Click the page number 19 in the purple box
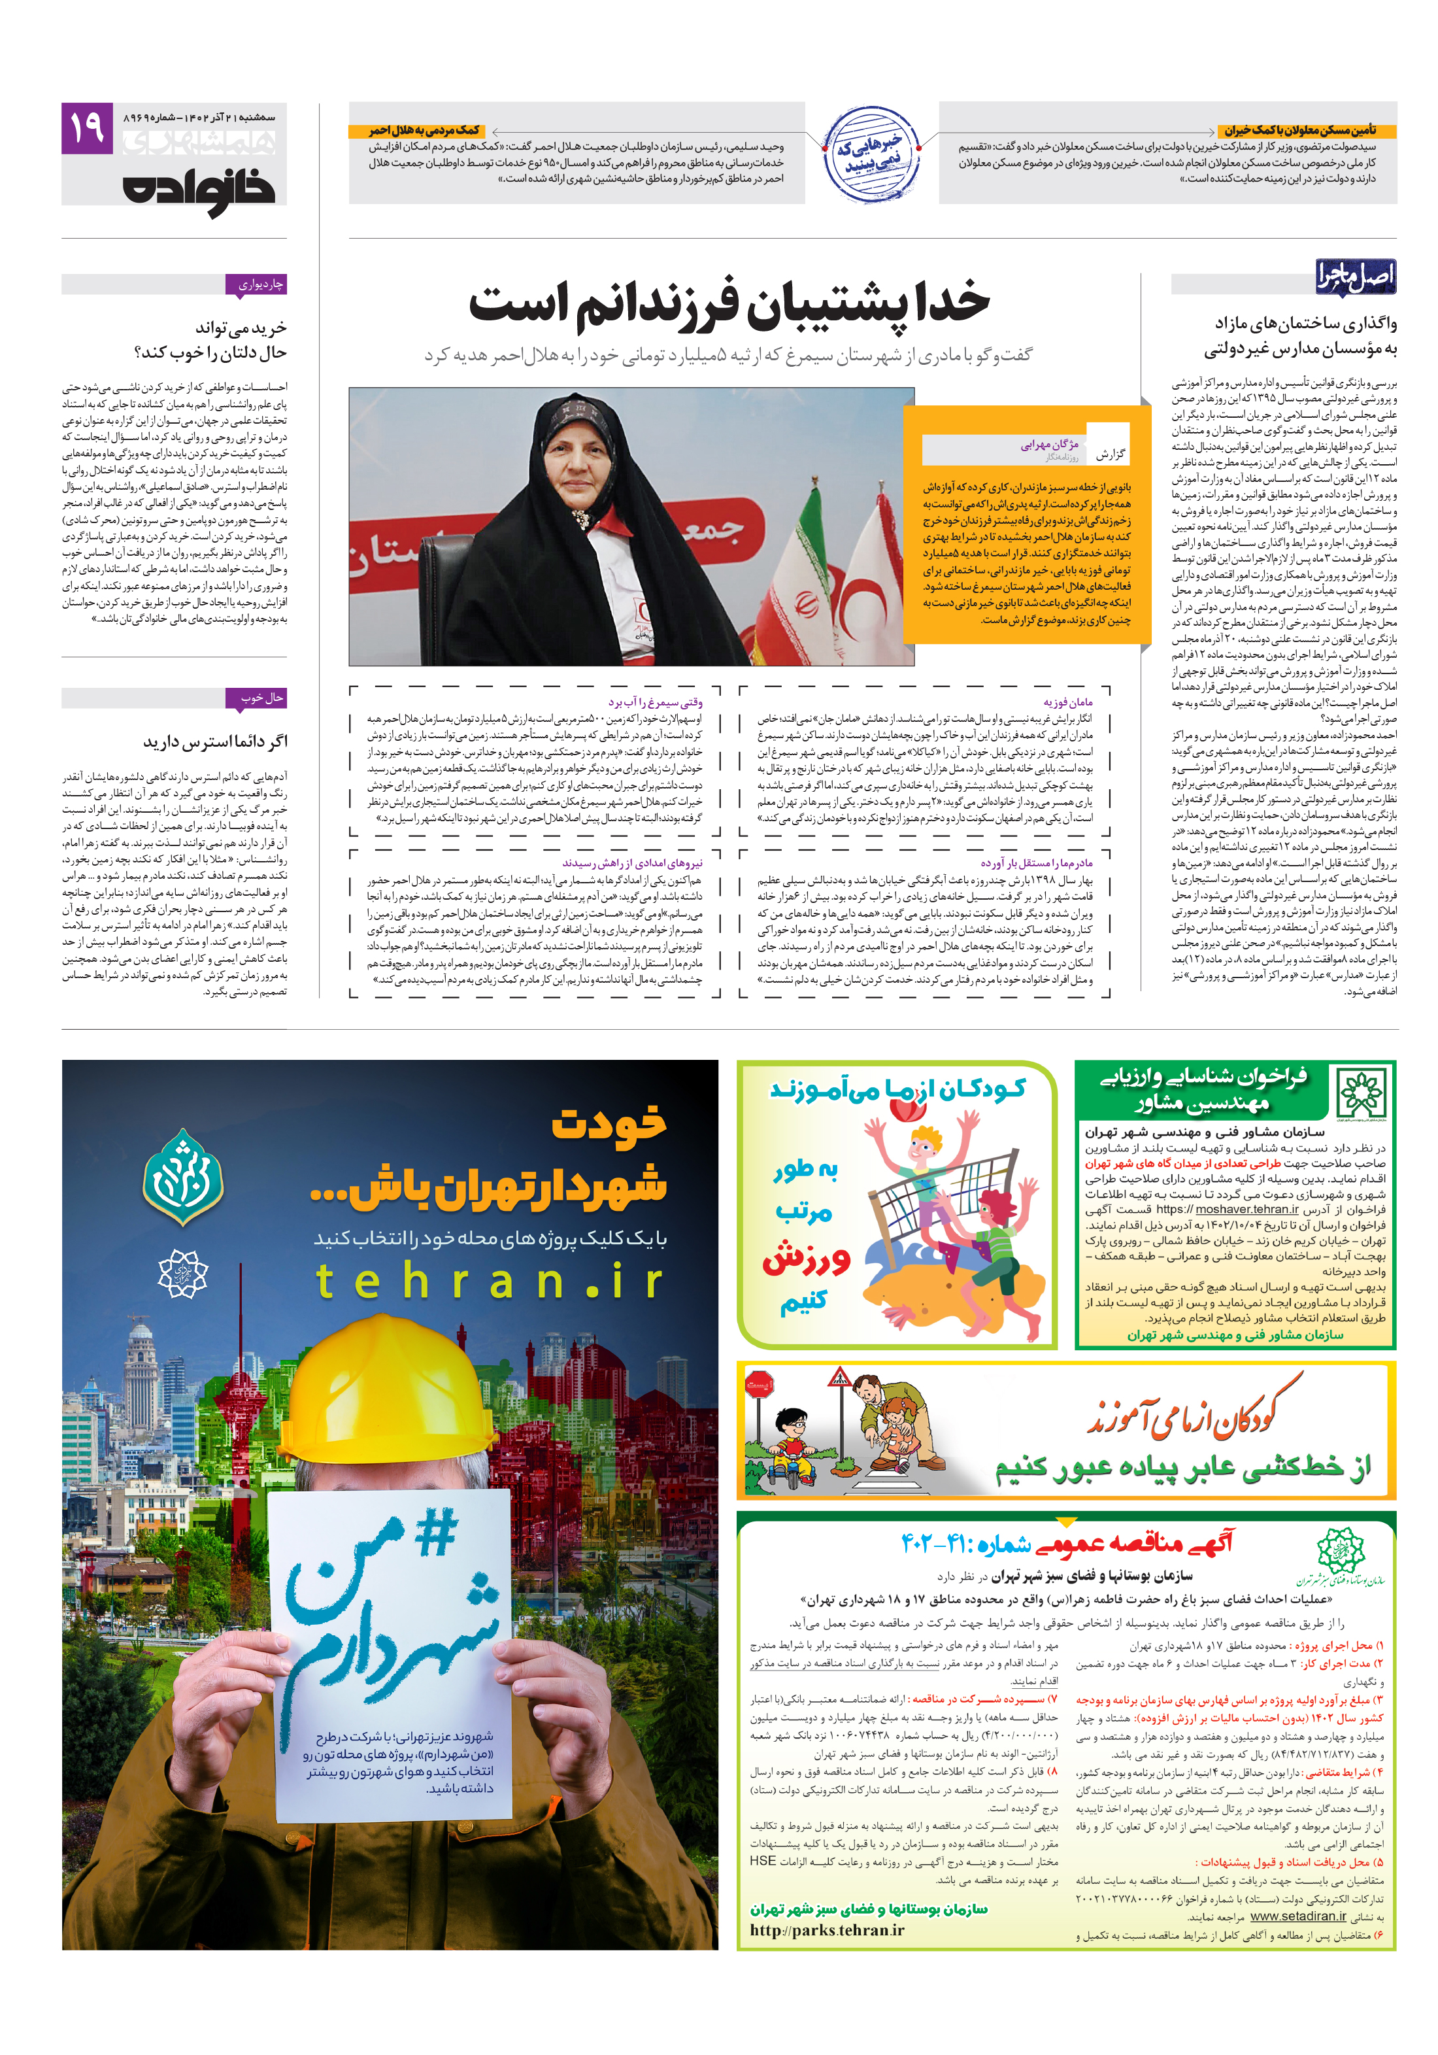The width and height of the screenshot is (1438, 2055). [x=87, y=128]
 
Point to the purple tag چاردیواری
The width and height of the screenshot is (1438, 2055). [x=260, y=284]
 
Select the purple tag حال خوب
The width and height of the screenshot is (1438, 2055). [x=261, y=697]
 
